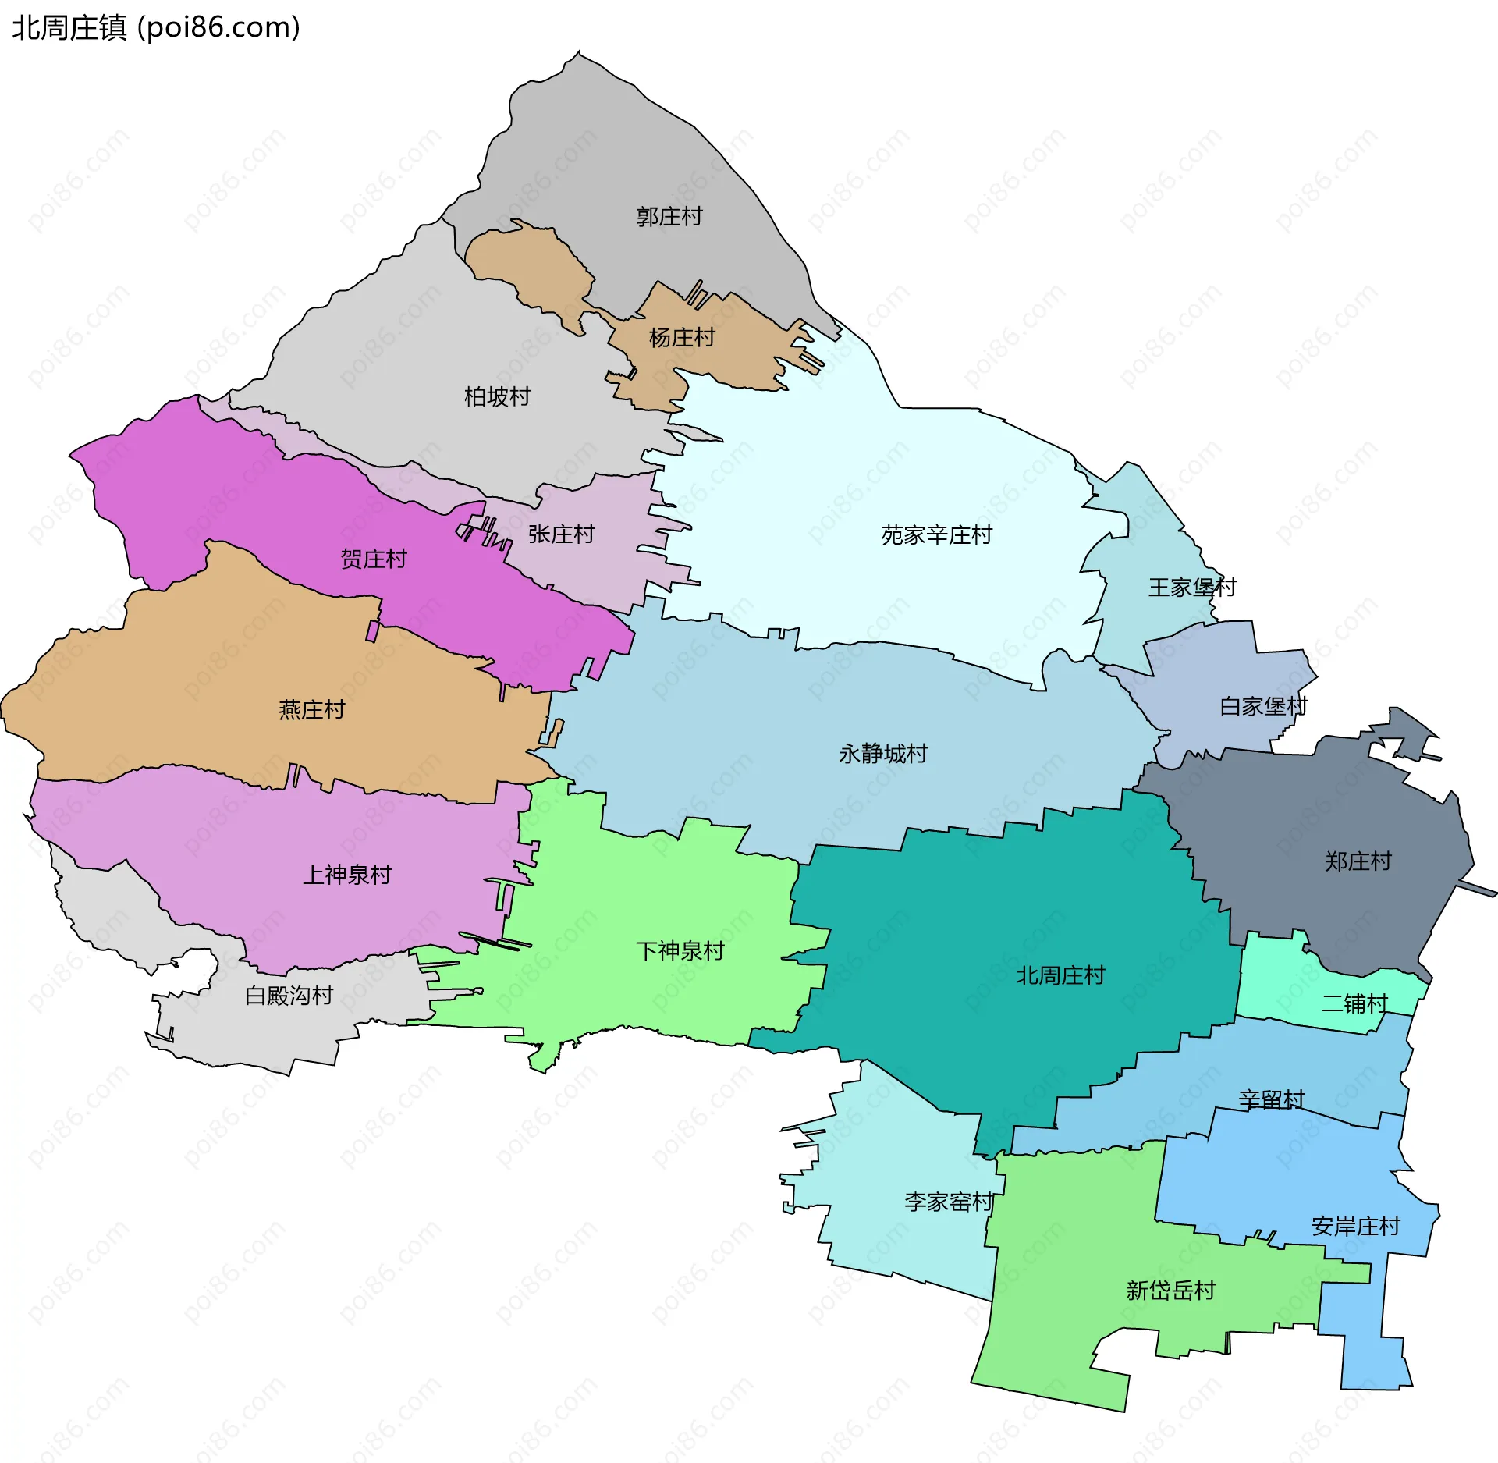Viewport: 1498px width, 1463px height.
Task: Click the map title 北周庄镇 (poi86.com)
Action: click(156, 28)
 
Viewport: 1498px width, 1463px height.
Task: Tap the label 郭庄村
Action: click(669, 216)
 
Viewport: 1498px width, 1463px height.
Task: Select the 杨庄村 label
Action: click(682, 338)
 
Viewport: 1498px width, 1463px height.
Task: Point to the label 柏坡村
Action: click(497, 397)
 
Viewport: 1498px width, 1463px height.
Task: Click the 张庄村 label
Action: click(561, 534)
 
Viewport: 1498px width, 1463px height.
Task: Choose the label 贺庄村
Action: click(374, 559)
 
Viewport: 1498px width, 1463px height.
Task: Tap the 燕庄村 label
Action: click(311, 710)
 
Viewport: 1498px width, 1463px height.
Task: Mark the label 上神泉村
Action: click(346, 875)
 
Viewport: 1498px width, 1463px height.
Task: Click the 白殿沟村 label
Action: click(289, 996)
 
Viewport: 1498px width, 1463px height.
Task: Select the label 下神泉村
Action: click(680, 951)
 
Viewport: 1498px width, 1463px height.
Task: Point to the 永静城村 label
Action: click(882, 754)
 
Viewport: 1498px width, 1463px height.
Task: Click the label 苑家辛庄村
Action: click(936, 535)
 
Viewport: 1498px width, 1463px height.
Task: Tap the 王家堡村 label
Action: click(1192, 588)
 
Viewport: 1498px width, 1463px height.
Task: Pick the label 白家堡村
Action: click(1263, 707)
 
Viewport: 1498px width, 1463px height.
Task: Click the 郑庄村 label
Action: click(1358, 861)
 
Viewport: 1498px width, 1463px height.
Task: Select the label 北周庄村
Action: click(1060, 975)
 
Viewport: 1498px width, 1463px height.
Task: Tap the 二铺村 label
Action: click(1354, 1003)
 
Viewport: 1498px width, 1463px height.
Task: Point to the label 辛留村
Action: click(1271, 1100)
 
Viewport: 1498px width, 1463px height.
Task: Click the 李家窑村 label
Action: click(949, 1202)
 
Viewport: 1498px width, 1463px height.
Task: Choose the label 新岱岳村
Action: click(1170, 1291)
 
